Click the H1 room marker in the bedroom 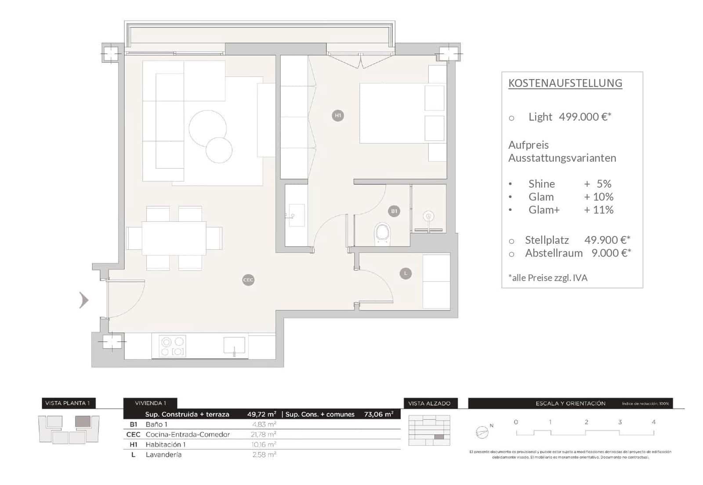coord(337,116)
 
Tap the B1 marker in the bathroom coord(394,211)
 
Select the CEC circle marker coord(248,280)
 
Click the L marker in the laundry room coord(406,273)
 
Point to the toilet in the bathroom coord(382,233)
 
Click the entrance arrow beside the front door coord(83,300)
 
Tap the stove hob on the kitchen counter coord(172,346)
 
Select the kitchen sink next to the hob coord(234,345)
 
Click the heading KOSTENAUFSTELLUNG coord(565,83)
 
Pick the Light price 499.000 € coord(585,117)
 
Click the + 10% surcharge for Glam coord(598,197)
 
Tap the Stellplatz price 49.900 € coord(607,240)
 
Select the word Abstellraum coord(554,253)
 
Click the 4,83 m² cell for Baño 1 coord(264,424)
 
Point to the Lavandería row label coord(163,455)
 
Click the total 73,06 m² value coord(378,414)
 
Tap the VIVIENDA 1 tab coord(150,403)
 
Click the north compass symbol coord(482,433)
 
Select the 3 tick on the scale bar coord(620,422)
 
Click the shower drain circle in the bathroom coord(428,216)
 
